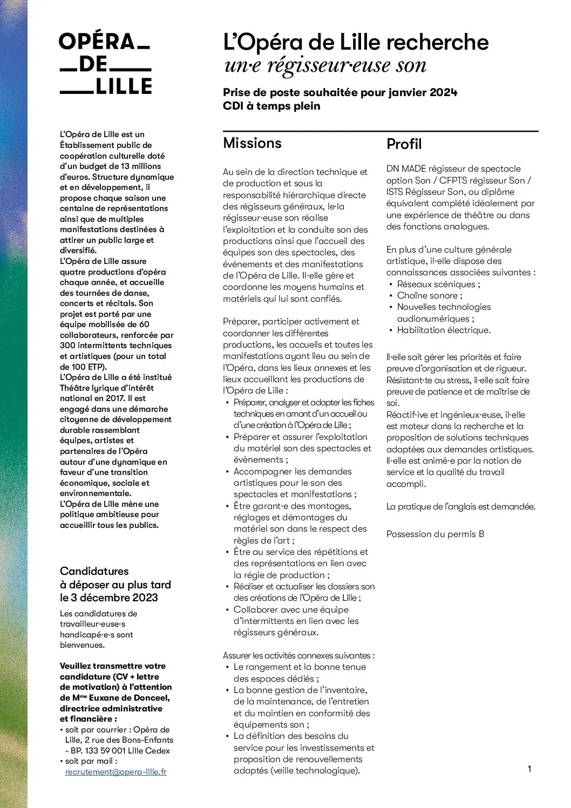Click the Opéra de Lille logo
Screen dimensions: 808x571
(105, 64)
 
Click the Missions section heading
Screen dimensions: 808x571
(252, 143)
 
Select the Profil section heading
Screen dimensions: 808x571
(404, 144)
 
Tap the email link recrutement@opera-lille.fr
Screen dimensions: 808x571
(116, 772)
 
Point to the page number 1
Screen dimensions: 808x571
(529, 769)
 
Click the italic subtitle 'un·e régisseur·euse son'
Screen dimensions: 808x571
(325, 66)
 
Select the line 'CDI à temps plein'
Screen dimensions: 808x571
(271, 106)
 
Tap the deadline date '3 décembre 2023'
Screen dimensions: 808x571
(114, 597)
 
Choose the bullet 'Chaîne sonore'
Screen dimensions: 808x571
(429, 295)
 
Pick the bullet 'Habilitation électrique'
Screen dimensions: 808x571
(443, 330)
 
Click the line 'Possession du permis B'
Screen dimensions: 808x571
(435, 534)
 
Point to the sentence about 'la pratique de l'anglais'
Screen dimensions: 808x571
(460, 506)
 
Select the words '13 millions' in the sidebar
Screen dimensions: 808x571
(141, 166)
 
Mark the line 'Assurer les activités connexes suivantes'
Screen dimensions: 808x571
(298, 655)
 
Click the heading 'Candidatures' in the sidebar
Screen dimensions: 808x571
(94, 571)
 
